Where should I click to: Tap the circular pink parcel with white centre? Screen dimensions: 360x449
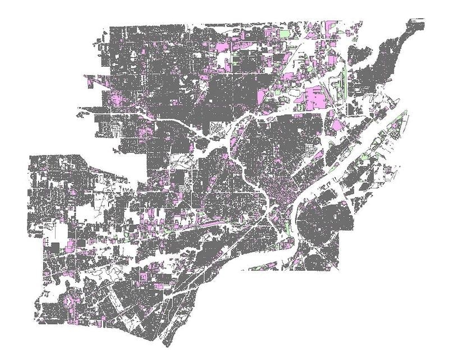pyautogui.click(x=69, y=303)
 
